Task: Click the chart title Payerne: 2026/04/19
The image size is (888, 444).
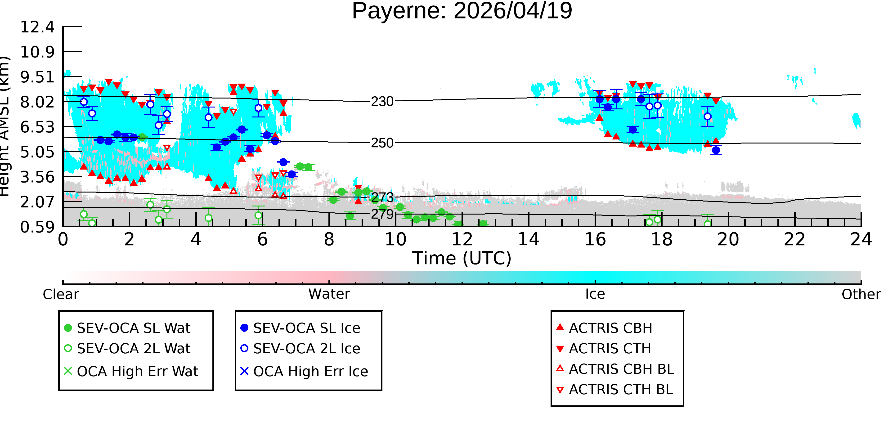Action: coord(462,11)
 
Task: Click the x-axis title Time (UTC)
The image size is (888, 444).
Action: coord(462,258)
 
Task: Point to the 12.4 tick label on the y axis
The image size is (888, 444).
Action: coord(37,27)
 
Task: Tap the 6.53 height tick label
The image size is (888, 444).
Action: coord(37,127)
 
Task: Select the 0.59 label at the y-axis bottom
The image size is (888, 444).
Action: coord(37,227)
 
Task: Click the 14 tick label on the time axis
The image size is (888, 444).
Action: coord(529,239)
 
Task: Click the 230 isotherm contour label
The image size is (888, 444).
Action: coord(382,102)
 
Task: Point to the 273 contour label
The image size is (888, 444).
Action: coord(382,197)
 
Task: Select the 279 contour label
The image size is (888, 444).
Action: coord(382,214)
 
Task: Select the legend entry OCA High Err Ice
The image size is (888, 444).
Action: coord(304,371)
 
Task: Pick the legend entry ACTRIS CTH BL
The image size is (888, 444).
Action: coord(615,390)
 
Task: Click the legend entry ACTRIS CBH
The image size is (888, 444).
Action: coord(604,328)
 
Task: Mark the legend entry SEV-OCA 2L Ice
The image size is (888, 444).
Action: coord(300,349)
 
